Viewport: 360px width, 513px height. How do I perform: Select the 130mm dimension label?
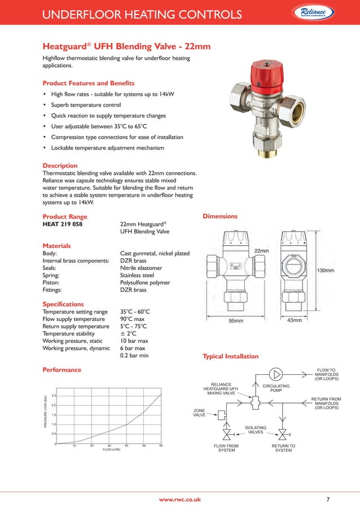325,271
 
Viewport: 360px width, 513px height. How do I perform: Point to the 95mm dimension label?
235,321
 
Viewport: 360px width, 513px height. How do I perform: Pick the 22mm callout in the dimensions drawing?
261,250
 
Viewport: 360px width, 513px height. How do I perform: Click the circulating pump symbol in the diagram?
276,374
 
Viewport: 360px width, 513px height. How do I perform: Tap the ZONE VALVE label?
199,413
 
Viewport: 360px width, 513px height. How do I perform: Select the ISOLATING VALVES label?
256,430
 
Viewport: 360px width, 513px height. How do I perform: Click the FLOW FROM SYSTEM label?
226,448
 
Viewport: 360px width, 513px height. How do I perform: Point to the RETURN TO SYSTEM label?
283,448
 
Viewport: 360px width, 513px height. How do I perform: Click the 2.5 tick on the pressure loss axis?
52,395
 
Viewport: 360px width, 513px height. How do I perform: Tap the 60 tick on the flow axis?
161,446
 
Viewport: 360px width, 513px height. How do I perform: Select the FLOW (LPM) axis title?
111,450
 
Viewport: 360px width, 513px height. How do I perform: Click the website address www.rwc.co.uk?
179,499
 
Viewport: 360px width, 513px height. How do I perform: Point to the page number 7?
328,499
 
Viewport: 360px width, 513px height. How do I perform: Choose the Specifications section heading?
63,304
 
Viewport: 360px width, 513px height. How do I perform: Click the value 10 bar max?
134,341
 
